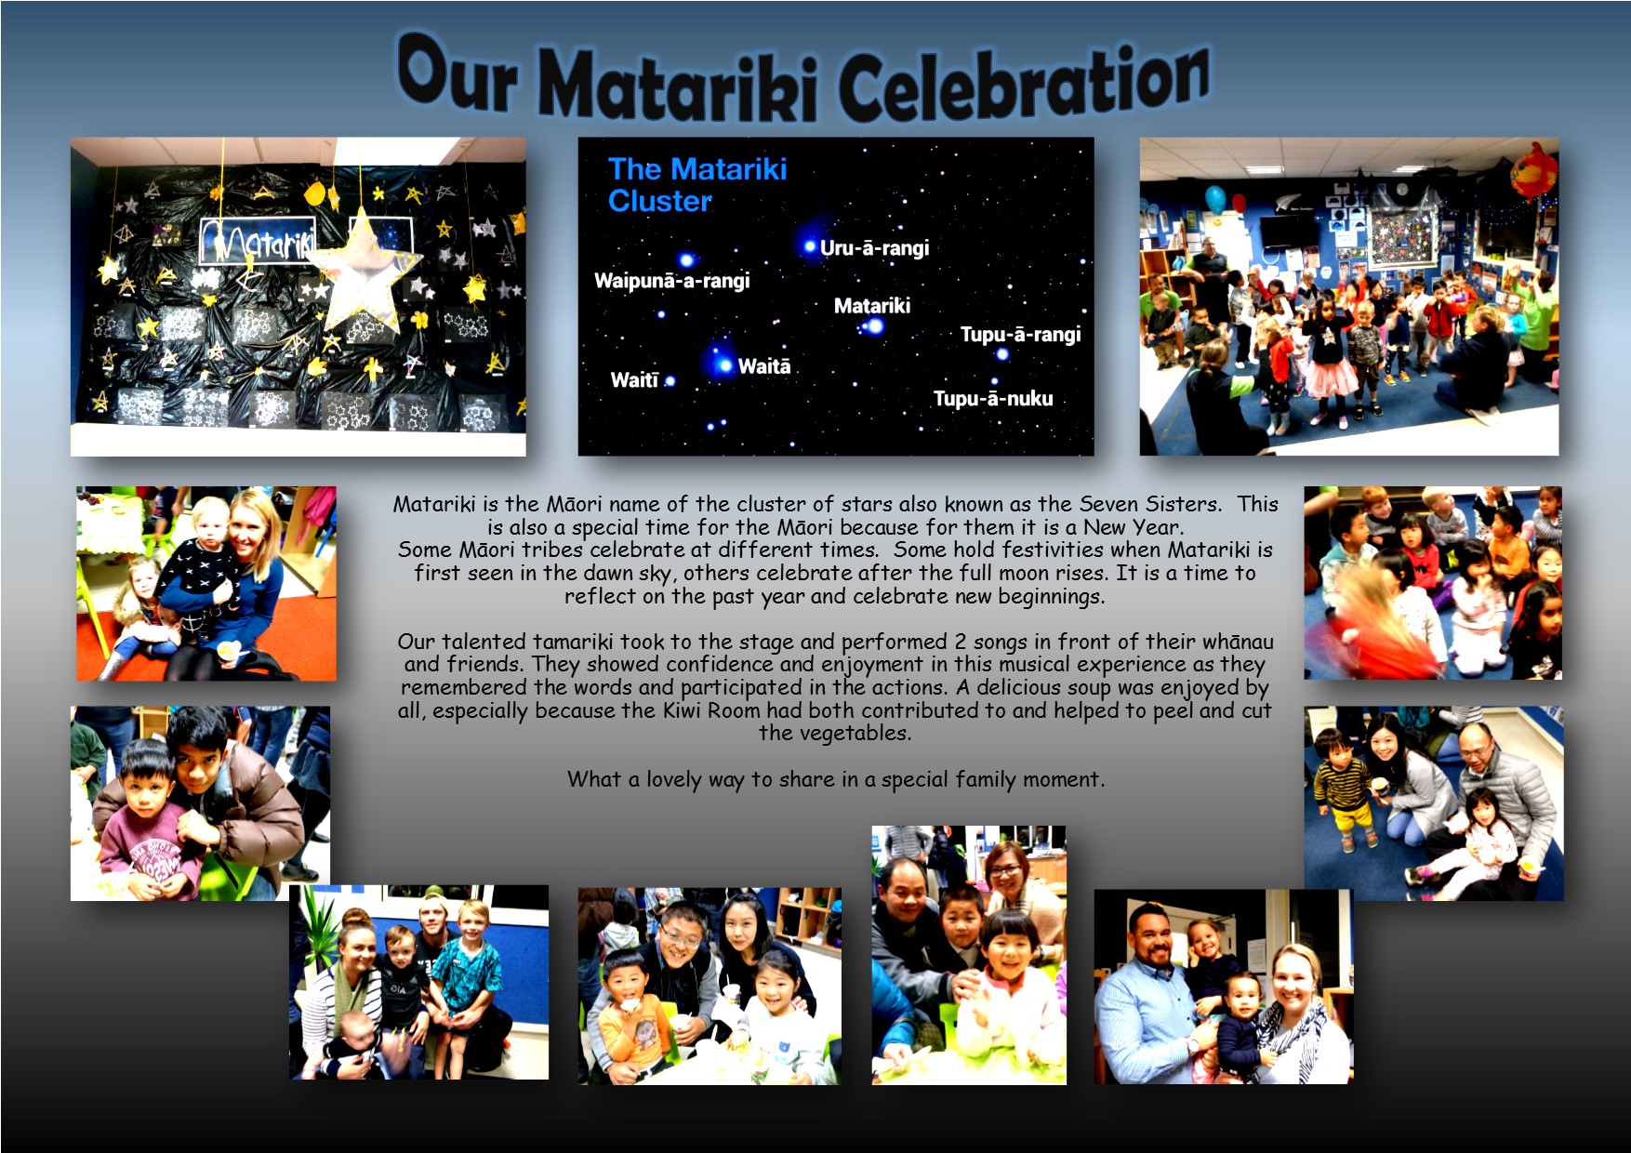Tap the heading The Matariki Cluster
pyautogui.click(x=697, y=184)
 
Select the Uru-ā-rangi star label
pyautogui.click(x=874, y=247)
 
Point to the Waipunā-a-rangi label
pyautogui.click(x=671, y=280)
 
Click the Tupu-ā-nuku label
pyautogui.click(x=993, y=398)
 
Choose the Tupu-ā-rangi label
pyautogui.click(x=1020, y=334)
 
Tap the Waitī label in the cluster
pyautogui.click(x=634, y=379)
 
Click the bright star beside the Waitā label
pyautogui.click(x=723, y=365)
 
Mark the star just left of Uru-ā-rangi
pyautogui.click(x=809, y=246)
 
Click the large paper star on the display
pyautogui.click(x=364, y=269)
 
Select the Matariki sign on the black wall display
pyautogui.click(x=258, y=241)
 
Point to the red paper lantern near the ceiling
pyautogui.click(x=1534, y=171)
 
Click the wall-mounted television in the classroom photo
pyautogui.click(x=1288, y=231)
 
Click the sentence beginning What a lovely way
pyautogui.click(x=836, y=779)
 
